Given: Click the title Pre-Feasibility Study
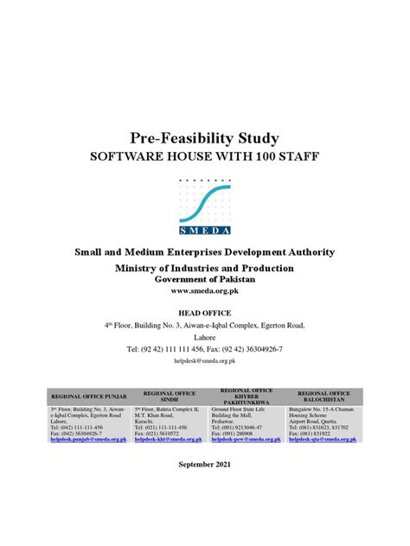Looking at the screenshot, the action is [204, 137].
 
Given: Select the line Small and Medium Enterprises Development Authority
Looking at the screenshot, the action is [204, 251].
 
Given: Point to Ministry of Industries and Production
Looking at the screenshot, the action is [204, 269].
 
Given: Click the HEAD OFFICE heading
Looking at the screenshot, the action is [204, 312].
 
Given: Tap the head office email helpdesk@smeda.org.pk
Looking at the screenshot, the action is [204, 359].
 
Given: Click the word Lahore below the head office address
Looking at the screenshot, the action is [204, 336].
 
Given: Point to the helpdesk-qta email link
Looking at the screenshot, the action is [324, 440].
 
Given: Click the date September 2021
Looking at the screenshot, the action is [204, 489].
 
